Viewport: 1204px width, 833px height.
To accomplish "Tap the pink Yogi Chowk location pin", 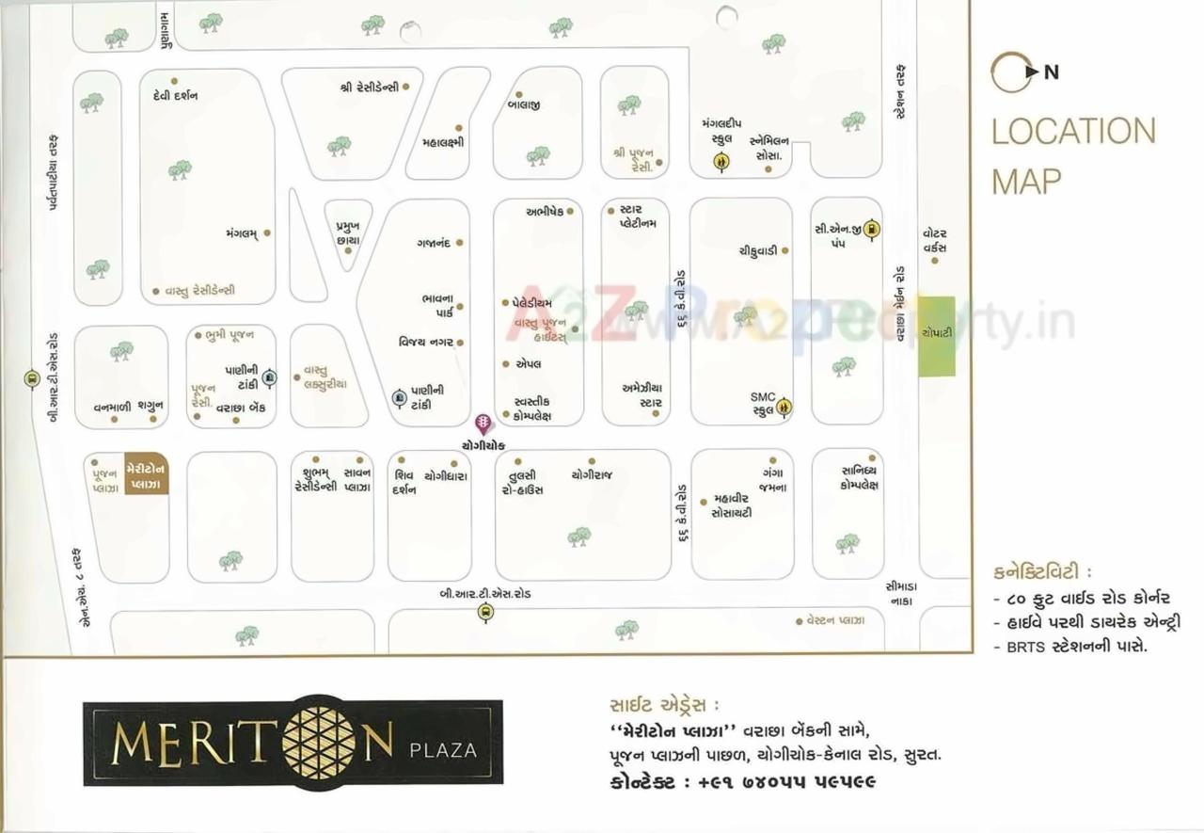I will pos(483,424).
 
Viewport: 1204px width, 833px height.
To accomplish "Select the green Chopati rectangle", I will pos(936,336).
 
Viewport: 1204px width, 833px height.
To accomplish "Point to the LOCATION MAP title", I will pos(1072,155).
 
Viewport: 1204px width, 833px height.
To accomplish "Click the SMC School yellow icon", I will pos(784,406).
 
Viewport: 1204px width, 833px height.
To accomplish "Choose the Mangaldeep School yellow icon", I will pos(721,162).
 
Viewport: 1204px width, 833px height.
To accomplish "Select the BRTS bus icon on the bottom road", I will pos(485,613).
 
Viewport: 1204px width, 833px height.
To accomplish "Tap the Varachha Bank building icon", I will pos(270,377).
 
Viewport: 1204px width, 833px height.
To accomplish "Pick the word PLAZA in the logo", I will pos(443,750).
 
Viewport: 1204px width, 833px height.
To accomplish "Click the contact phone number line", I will pos(739,782).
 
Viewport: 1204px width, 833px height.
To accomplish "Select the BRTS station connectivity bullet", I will pos(1072,647).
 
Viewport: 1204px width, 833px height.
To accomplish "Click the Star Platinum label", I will pos(637,216).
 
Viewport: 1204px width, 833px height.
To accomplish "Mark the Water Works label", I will pos(934,240).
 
